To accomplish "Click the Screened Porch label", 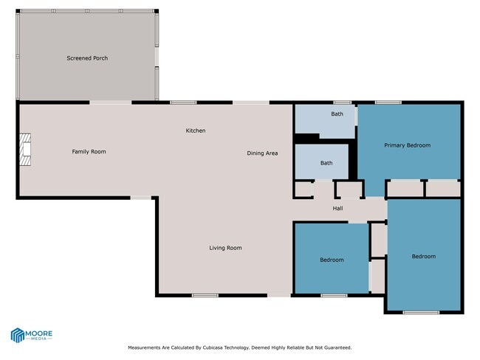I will (88, 58).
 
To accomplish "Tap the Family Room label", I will (89, 152).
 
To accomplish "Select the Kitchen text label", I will (196, 131).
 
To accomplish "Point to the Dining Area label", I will (262, 153).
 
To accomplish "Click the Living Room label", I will (225, 248).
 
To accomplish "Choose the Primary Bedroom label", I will (407, 145).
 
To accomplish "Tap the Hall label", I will (337, 209).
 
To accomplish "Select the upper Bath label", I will (337, 114).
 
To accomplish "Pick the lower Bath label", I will (326, 163).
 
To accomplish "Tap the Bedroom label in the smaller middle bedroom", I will (332, 260).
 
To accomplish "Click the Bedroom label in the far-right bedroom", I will (423, 256).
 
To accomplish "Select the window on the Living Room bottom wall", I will (205, 296).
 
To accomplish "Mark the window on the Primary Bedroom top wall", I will (388, 103).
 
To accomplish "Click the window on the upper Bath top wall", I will (341, 103).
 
